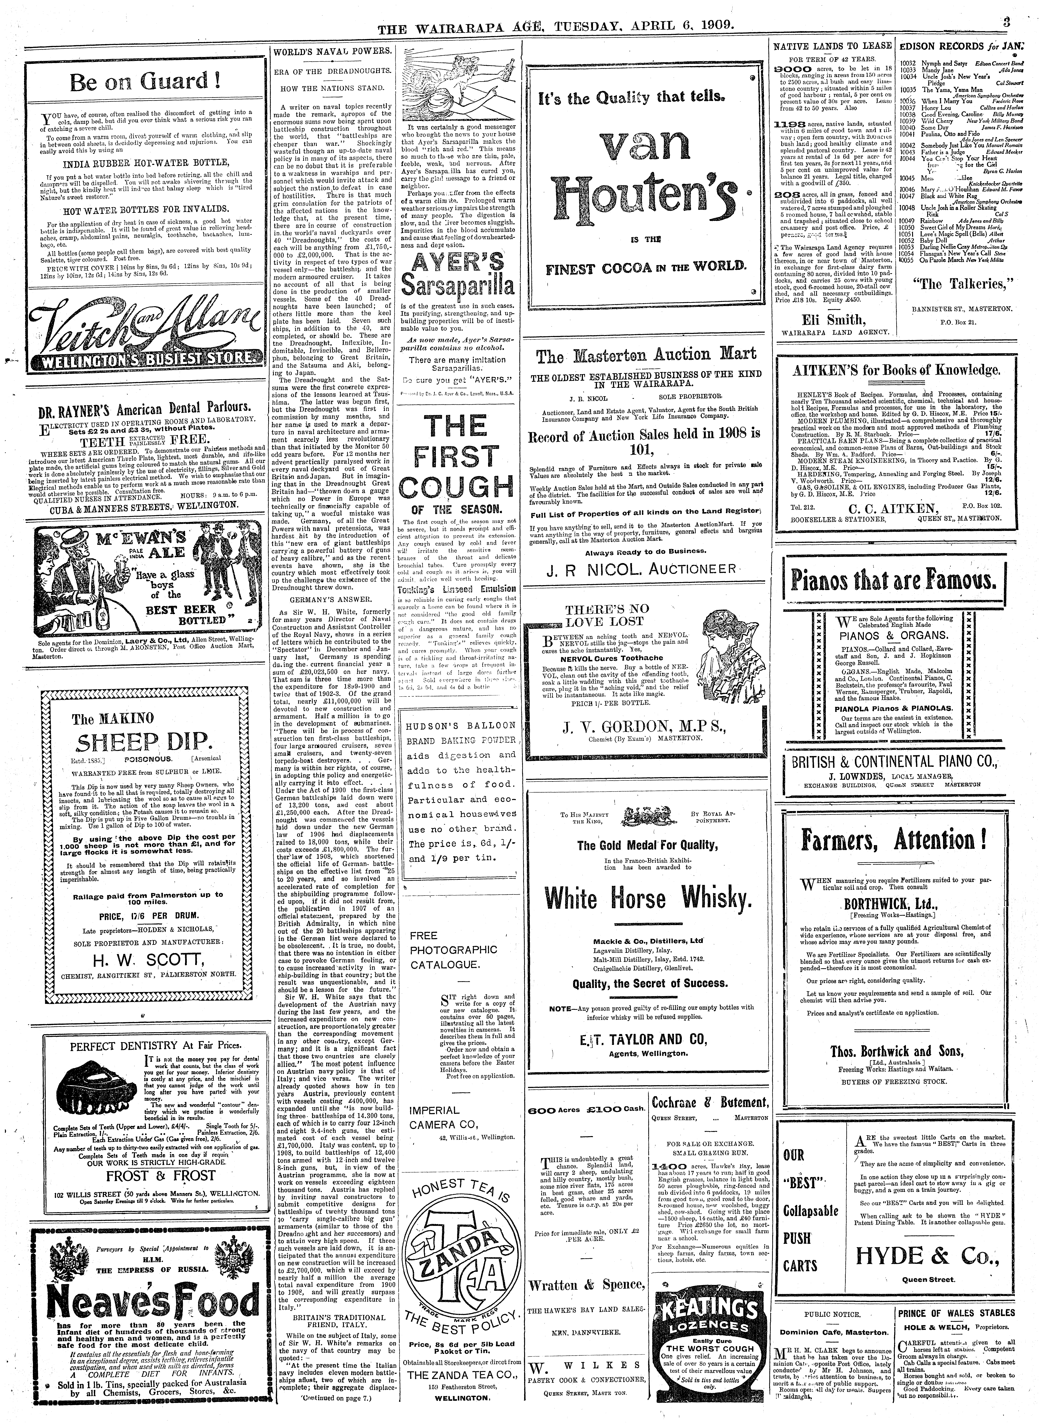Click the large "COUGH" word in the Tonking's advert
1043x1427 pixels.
(x=460, y=486)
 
